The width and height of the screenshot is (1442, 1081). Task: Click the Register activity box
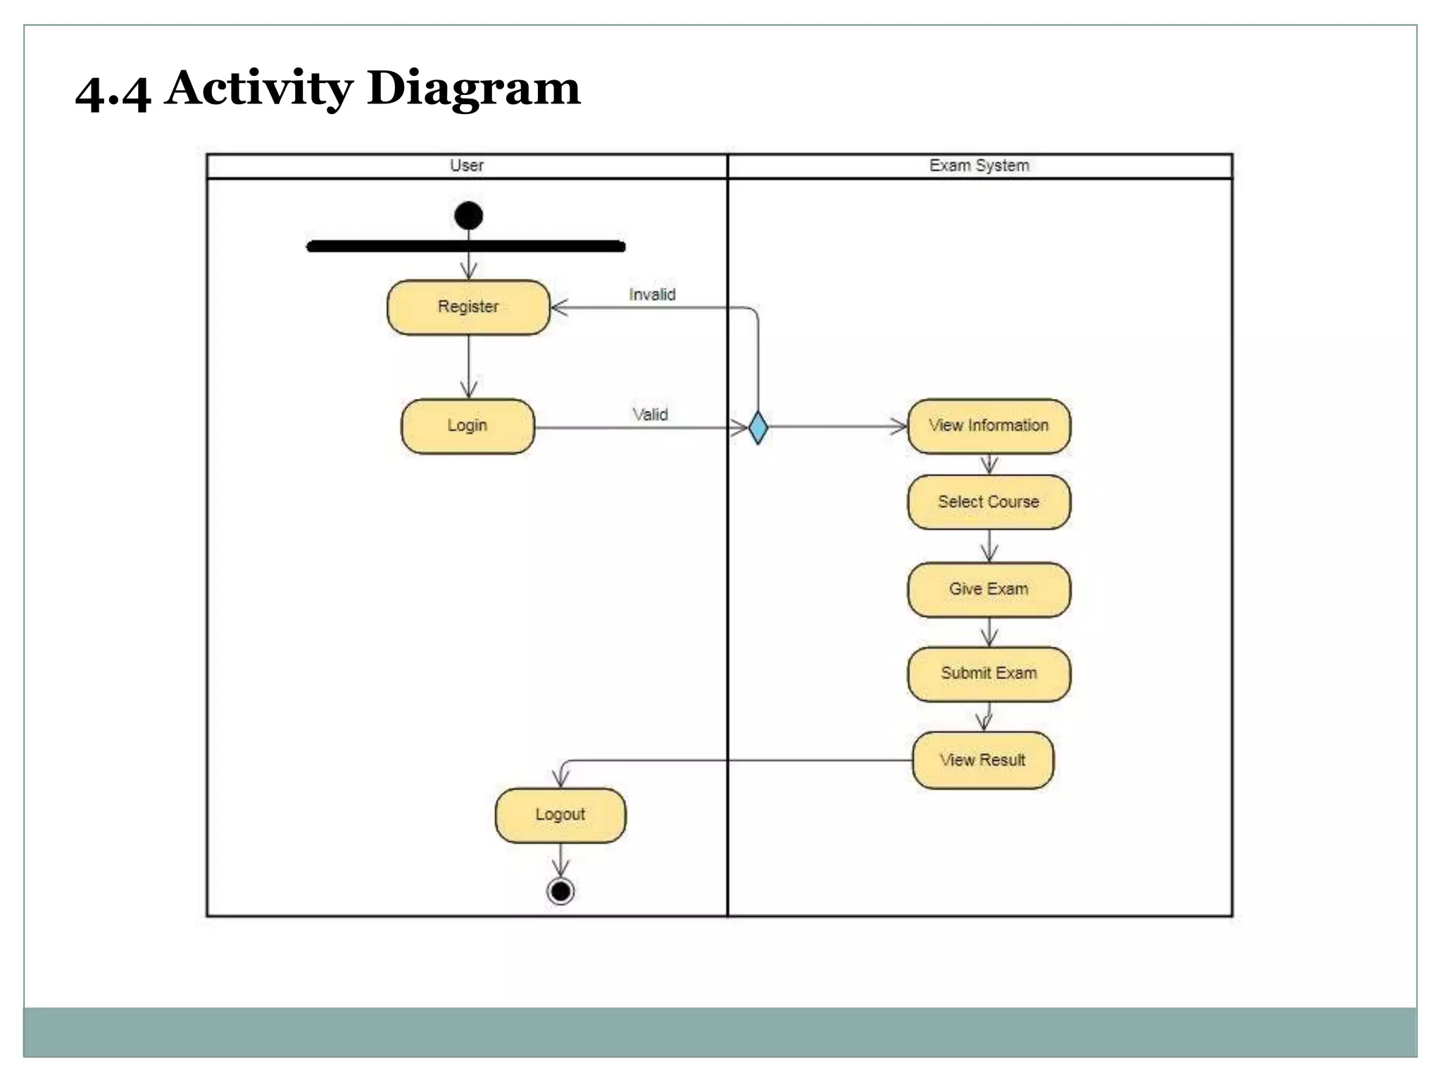click(468, 308)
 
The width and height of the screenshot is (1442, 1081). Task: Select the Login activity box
click(468, 426)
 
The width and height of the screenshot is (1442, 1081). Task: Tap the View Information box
click(989, 426)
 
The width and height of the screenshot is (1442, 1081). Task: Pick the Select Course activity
click(989, 502)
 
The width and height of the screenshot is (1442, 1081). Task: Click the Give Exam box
click(989, 590)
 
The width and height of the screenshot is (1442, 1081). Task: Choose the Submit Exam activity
click(989, 674)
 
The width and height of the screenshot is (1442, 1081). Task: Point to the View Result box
click(983, 761)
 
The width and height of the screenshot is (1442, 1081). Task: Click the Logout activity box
click(560, 815)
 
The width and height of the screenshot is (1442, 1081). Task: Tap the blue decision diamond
click(758, 428)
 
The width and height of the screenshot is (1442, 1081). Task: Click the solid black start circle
click(469, 215)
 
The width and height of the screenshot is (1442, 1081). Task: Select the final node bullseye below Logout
click(560, 892)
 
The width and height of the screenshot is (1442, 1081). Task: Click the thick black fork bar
click(466, 246)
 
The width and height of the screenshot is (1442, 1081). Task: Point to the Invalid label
click(652, 295)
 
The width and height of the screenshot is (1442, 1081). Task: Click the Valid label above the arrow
click(650, 415)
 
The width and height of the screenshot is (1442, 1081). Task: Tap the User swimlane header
click(467, 166)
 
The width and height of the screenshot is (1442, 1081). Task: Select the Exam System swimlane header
click(979, 166)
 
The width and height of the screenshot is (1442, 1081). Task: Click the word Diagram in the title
click(473, 89)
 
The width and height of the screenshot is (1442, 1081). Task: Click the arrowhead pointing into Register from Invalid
click(559, 308)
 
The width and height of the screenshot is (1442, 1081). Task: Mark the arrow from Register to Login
click(469, 366)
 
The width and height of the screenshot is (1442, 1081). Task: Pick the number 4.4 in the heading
click(113, 93)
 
